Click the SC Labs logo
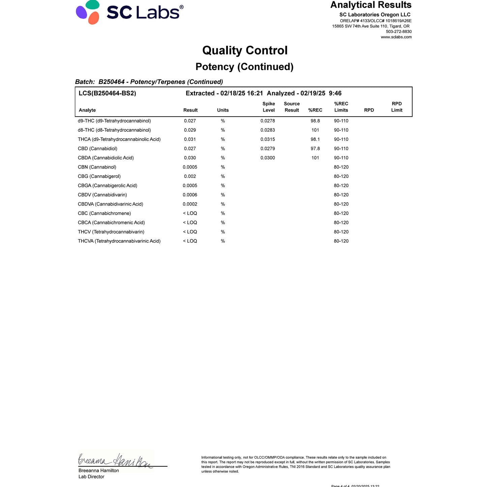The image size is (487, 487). point(130,12)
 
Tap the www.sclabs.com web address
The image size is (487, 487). point(396,37)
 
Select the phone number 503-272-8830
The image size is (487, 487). point(399,32)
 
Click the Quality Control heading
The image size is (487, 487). point(245,51)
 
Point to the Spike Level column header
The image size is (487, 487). point(269,107)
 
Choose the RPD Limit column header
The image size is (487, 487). point(397,107)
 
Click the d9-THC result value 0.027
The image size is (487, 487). point(190,121)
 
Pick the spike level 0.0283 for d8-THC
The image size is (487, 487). point(268,130)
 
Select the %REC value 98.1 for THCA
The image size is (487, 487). point(315,139)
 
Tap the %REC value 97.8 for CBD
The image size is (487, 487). point(315,149)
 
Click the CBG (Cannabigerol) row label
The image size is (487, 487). point(99,176)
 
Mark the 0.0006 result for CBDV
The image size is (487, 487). point(190,195)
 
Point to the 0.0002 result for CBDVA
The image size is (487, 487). point(190,204)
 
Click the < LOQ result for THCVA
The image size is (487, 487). point(190,241)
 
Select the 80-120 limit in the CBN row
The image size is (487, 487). point(341,167)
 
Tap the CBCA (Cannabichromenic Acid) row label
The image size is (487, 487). point(111,222)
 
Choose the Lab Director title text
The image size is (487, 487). point(91,477)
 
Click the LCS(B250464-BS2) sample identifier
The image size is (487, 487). point(107,93)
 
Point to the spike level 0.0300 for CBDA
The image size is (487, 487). point(268,158)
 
